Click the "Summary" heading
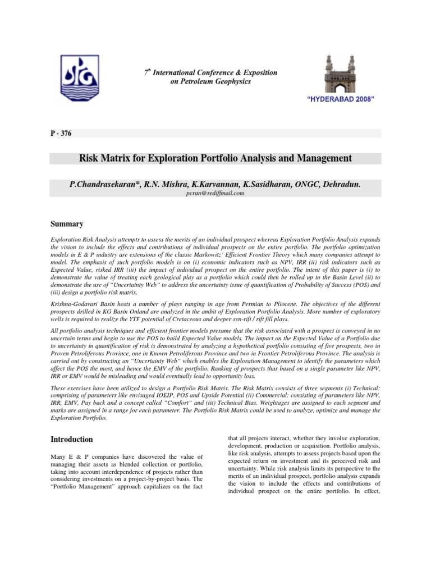coord(67,223)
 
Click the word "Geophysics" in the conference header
coord(232,81)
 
